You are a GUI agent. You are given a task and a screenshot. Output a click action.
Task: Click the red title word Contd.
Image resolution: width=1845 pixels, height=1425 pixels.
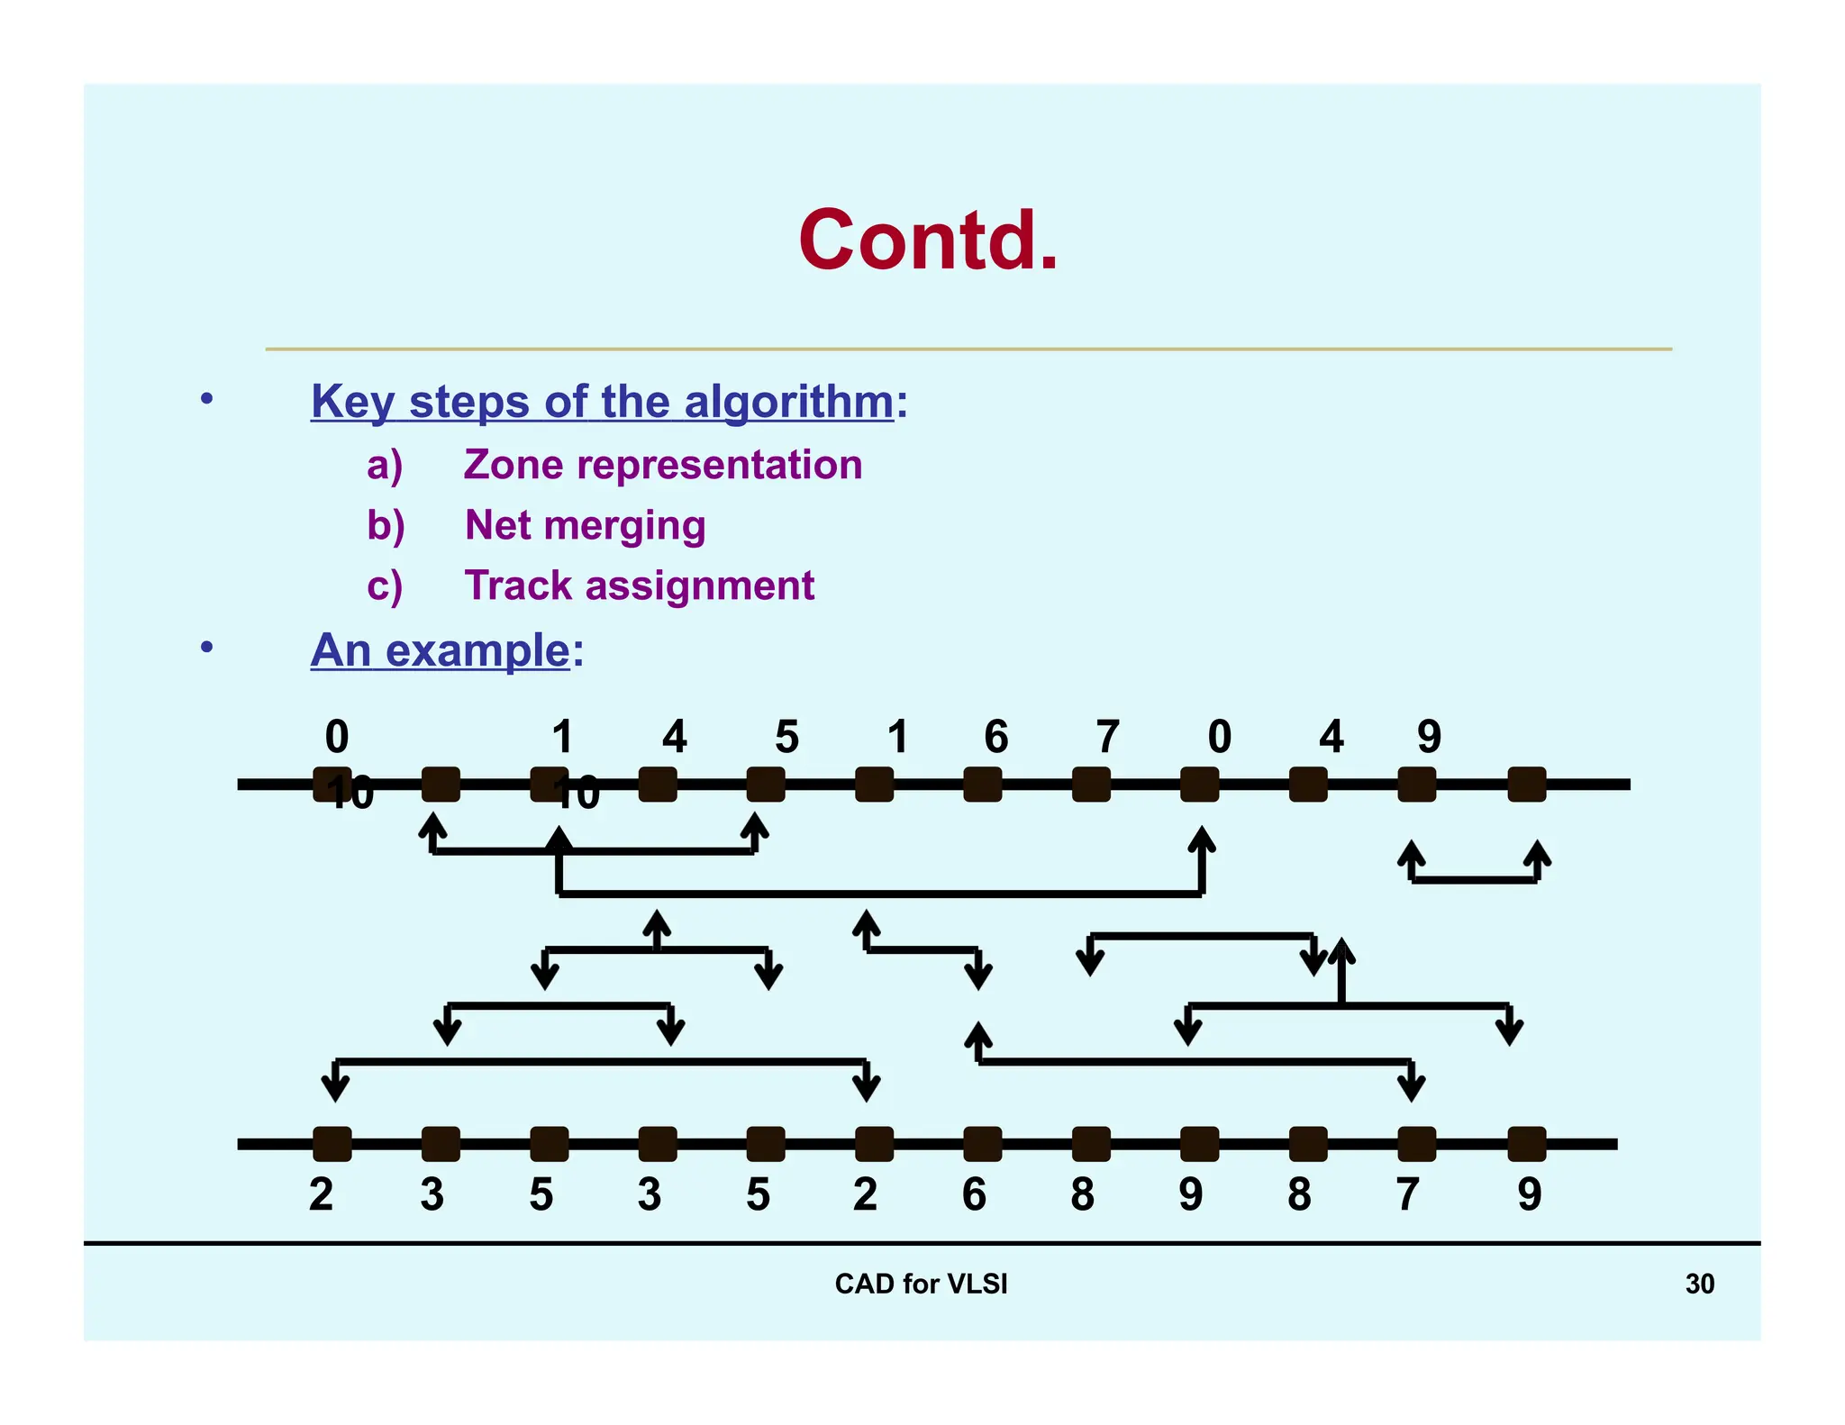pos(928,241)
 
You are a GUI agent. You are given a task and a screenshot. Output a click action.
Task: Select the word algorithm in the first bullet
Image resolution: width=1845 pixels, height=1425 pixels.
pos(788,402)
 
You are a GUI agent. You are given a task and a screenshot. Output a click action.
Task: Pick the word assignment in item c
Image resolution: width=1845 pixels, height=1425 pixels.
pos(700,586)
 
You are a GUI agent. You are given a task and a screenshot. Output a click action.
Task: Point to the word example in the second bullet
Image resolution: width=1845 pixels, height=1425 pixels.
pos(477,650)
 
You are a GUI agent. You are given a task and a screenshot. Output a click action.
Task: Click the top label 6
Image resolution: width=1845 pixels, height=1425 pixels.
pos(995,737)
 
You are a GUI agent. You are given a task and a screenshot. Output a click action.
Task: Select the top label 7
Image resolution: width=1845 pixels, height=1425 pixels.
pos(1107,737)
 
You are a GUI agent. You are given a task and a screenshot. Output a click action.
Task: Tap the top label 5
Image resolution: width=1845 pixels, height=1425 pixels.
pos(786,737)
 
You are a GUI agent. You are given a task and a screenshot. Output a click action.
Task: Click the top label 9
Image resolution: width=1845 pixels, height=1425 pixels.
pos(1429,737)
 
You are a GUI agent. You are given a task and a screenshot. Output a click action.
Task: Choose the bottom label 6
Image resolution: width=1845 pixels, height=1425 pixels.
pos(974,1194)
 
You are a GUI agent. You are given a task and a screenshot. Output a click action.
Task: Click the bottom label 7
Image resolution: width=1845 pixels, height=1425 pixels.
pos(1407,1194)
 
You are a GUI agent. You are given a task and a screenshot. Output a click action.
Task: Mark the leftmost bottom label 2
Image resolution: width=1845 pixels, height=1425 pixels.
pos(322,1194)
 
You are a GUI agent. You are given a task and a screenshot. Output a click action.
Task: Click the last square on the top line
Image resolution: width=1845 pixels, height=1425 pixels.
pos(1527,785)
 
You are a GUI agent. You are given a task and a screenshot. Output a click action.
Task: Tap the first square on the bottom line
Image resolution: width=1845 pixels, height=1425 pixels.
pos(332,1144)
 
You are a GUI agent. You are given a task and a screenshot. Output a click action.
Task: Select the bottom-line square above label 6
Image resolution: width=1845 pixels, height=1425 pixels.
pos(982,1144)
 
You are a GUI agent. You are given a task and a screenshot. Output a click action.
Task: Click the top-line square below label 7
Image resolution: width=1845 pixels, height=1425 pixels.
pos(1091,785)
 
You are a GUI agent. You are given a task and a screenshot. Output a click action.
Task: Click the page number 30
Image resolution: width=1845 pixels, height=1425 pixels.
pos(1699,1284)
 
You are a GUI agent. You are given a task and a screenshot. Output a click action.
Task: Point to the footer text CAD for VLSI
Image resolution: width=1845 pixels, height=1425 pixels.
pos(921,1284)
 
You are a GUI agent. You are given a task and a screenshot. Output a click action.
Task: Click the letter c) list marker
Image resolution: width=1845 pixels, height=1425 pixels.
pos(385,586)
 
